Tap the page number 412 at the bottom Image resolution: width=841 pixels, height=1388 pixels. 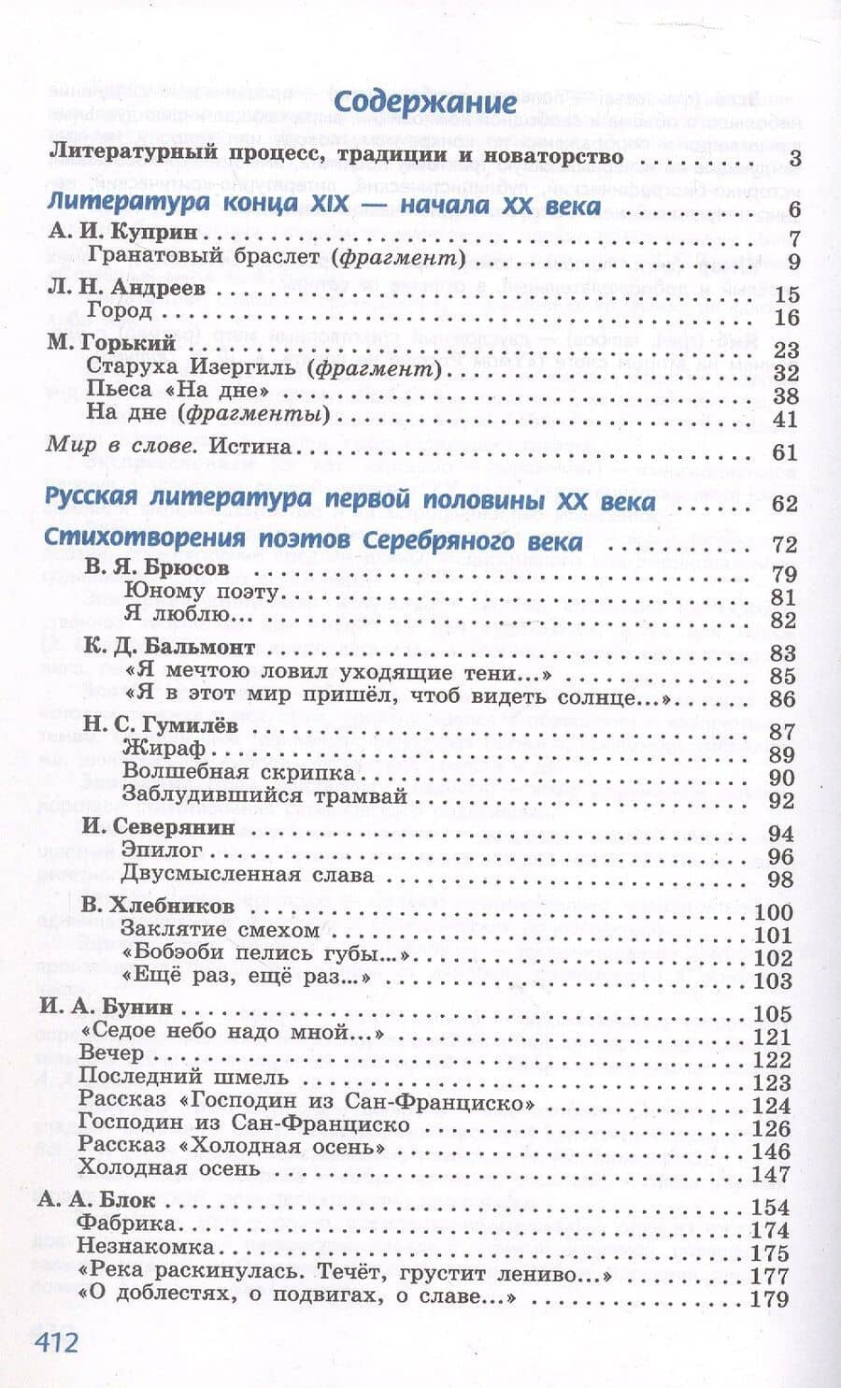click(x=58, y=1341)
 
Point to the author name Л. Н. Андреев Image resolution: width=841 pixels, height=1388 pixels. click(x=126, y=289)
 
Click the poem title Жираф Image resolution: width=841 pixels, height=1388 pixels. click(x=163, y=751)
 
